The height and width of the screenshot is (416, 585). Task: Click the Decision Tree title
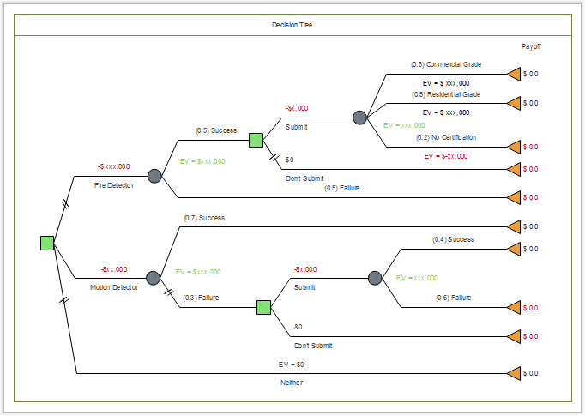(292, 25)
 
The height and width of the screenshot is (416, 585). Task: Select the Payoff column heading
(531, 46)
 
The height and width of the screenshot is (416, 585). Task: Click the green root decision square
(47, 243)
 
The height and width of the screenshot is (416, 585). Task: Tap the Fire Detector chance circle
(154, 176)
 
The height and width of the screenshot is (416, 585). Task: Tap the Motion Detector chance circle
(153, 278)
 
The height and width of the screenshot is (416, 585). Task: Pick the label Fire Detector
(114, 184)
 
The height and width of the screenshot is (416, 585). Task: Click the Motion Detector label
(113, 287)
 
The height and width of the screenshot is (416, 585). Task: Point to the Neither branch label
(292, 382)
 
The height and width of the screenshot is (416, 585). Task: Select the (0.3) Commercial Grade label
(447, 64)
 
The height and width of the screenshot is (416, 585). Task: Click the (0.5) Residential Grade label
(446, 94)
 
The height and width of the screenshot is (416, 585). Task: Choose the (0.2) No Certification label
(446, 137)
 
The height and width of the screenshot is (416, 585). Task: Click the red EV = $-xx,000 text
(446, 156)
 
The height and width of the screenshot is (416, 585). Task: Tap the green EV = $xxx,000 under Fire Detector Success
(202, 160)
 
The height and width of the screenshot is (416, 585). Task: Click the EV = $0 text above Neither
(292, 365)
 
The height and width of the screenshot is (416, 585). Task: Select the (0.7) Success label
(204, 218)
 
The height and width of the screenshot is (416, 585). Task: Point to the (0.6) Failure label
(453, 298)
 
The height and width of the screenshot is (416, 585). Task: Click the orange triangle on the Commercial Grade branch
(514, 74)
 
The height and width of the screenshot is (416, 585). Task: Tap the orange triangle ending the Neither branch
(514, 374)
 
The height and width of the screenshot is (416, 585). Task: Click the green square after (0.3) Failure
(264, 307)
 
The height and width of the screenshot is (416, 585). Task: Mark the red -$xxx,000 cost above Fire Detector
(114, 166)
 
